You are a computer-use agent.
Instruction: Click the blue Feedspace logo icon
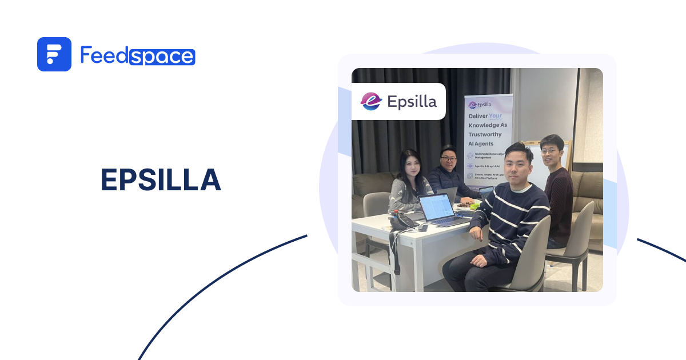[54, 54]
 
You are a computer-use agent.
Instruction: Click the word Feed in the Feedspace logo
[104, 55]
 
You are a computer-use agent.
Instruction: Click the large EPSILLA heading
[161, 181]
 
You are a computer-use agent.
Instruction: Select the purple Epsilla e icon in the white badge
[371, 101]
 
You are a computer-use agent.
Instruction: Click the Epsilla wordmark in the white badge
[412, 102]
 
